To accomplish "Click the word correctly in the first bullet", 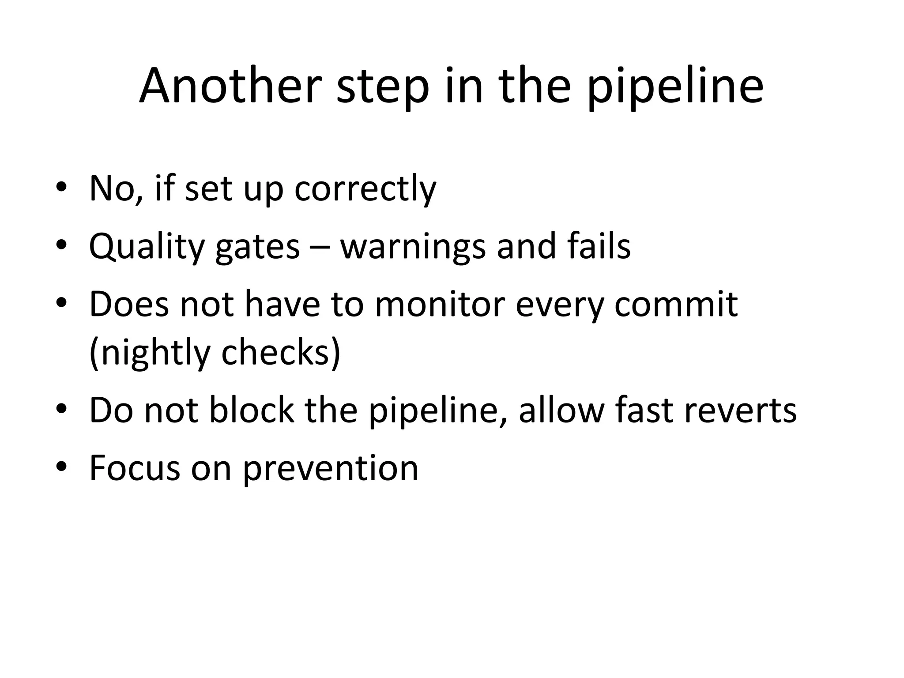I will (x=365, y=189).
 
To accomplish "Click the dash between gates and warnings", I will (x=320, y=247).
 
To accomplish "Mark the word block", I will (x=251, y=410).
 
